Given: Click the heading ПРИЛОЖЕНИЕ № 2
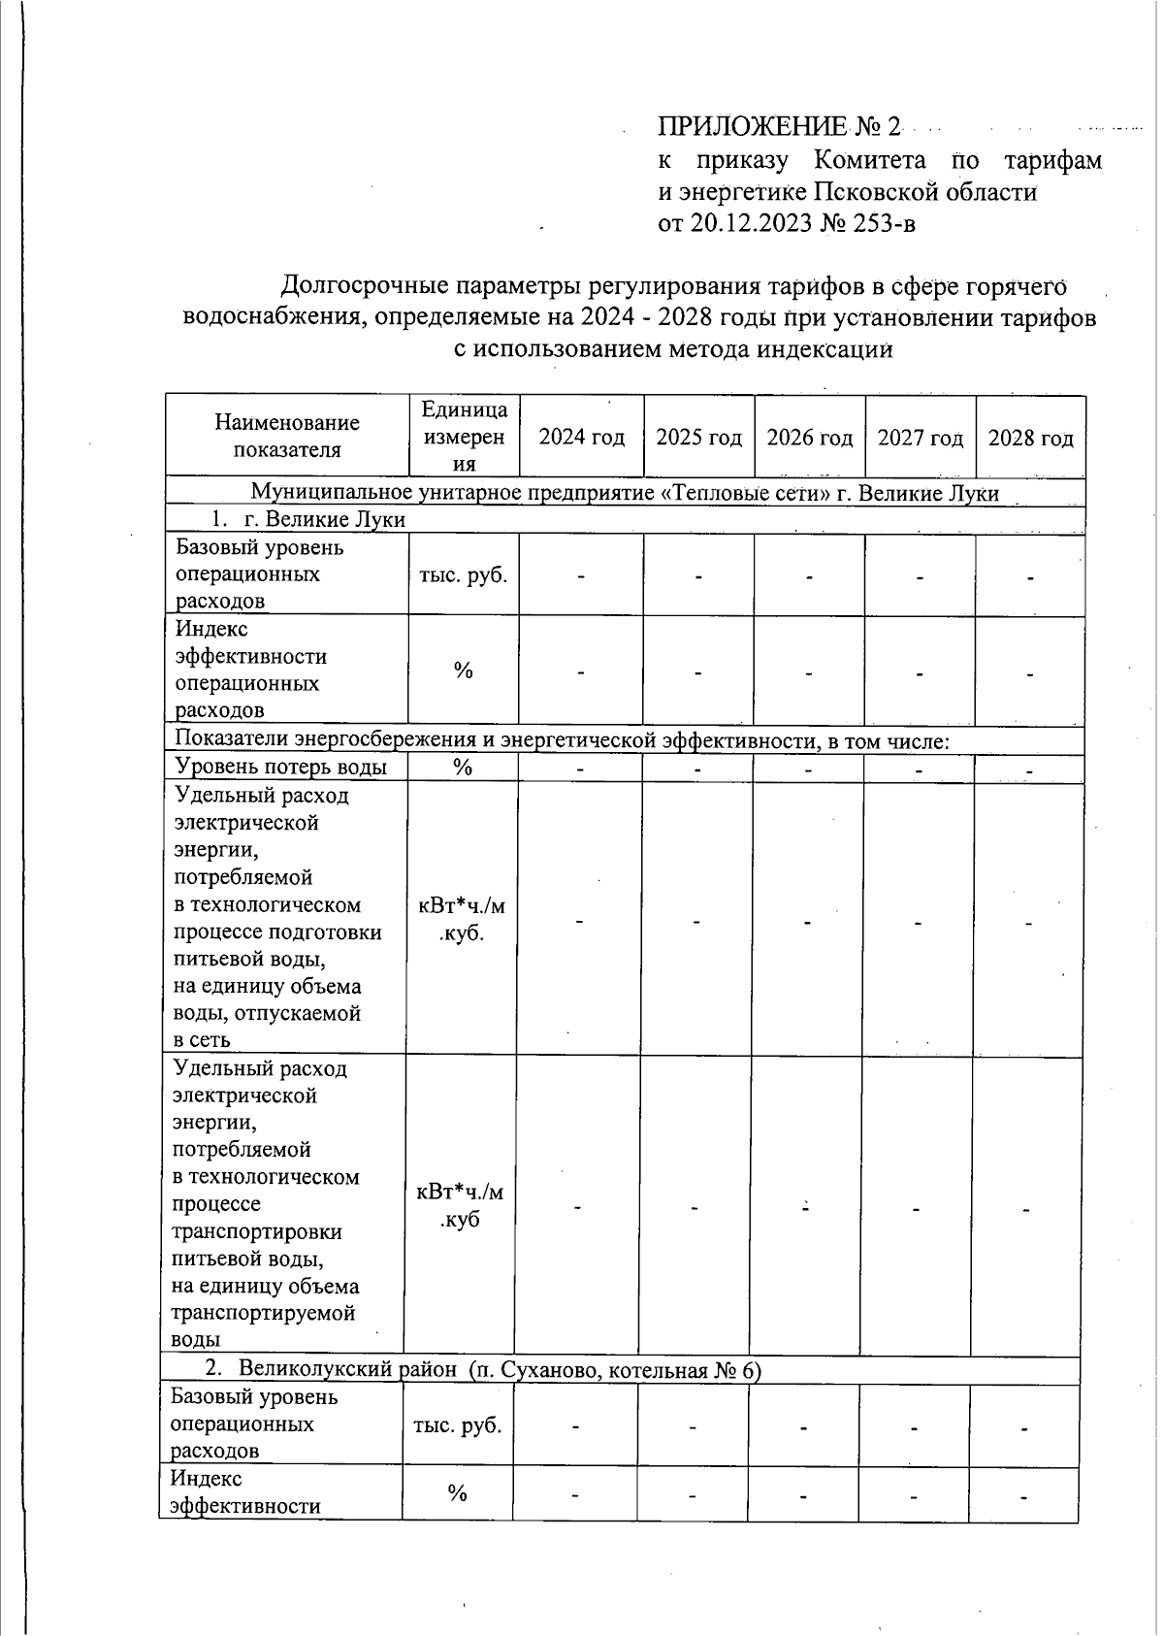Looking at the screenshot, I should point(780,127).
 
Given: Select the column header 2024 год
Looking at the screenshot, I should point(581,438).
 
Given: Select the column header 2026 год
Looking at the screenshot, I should point(809,438).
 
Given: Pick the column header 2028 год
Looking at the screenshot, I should point(1030,438).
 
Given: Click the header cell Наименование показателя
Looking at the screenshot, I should point(286,436).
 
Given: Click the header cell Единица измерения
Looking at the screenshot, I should point(464,437).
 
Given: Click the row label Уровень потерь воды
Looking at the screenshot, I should point(280,768).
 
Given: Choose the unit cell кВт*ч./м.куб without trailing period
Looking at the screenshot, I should point(460,1206).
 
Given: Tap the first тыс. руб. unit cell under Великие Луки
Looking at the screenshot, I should point(463,574).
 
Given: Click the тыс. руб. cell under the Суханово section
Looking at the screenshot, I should point(458,1425).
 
